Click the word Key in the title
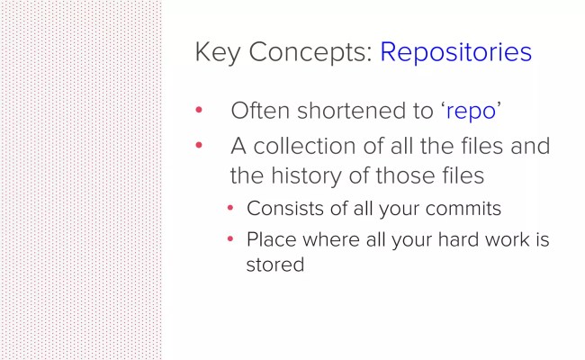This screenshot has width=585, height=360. tap(216, 52)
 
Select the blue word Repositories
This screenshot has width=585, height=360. tap(455, 52)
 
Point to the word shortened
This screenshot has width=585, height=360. tap(346, 111)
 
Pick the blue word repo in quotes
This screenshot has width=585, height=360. tap(471, 112)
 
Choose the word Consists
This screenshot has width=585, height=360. tap(282, 208)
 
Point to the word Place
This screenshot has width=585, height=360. tap(269, 240)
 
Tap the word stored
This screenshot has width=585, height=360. tap(275, 265)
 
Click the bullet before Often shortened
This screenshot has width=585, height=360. tap(200, 111)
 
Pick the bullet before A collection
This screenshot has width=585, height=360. tap(200, 145)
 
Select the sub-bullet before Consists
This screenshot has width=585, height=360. tap(230, 208)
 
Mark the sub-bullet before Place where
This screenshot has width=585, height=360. tap(230, 240)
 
